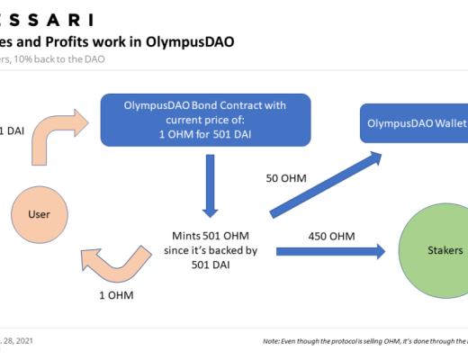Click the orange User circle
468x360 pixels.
[x=39, y=214]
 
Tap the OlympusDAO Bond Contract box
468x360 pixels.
[x=206, y=120]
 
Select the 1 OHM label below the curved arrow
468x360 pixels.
[x=115, y=294]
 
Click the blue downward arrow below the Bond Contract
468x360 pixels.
[x=210, y=184]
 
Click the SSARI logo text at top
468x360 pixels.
[x=45, y=19]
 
